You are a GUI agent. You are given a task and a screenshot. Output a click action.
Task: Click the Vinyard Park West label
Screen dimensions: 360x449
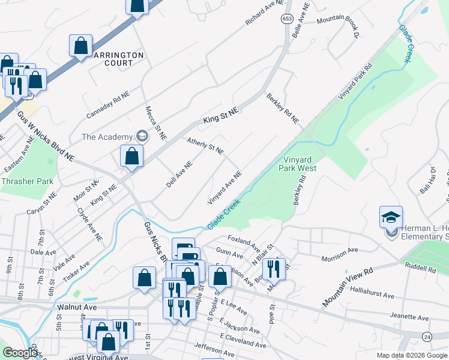(298, 164)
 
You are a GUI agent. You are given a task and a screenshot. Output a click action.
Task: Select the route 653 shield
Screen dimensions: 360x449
(286, 19)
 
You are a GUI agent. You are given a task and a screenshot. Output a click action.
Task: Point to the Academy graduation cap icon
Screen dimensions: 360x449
(142, 136)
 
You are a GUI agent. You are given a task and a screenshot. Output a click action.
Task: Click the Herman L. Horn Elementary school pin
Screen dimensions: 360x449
(391, 217)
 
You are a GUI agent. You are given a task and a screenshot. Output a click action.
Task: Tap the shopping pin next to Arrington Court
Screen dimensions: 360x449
(80, 46)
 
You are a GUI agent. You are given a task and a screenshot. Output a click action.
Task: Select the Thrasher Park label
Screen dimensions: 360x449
(28, 181)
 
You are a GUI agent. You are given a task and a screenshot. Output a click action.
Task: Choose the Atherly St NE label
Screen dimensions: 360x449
(205, 146)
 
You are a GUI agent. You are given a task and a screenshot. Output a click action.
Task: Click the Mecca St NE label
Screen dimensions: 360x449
(155, 124)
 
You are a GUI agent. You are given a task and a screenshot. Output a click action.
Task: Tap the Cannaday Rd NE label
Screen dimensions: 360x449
(108, 106)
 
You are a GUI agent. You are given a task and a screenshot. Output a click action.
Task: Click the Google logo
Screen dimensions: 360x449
(20, 353)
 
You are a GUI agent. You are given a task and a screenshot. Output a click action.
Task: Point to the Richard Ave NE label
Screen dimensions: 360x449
(264, 13)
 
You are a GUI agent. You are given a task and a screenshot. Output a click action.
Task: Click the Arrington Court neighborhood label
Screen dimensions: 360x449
(119, 58)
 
